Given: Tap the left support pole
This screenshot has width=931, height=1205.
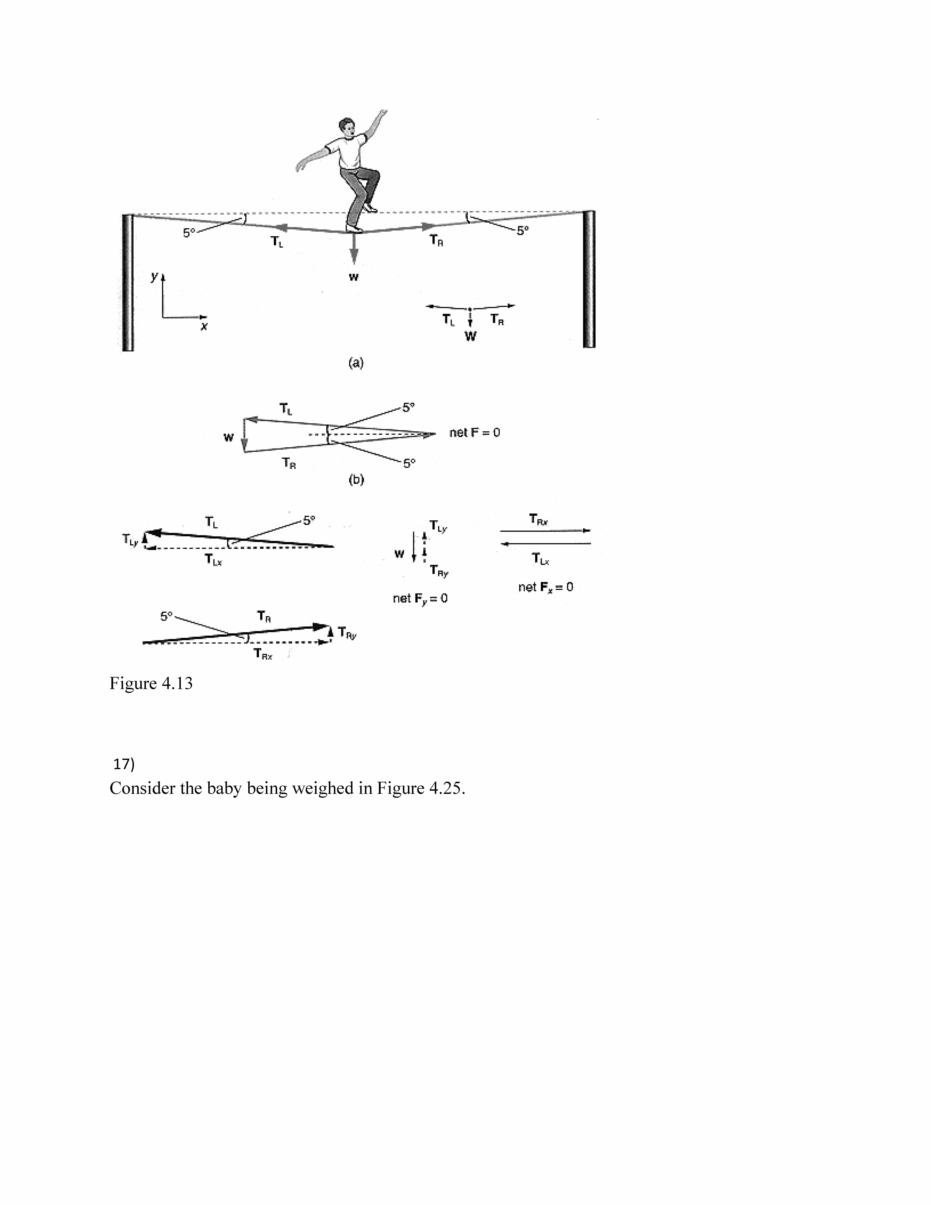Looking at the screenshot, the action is coord(127,282).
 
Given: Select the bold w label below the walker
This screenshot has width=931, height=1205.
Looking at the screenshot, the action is coord(354,277).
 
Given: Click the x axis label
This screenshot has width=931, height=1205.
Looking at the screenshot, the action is coord(204,326).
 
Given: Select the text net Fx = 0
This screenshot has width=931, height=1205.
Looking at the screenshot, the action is coord(545,587).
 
